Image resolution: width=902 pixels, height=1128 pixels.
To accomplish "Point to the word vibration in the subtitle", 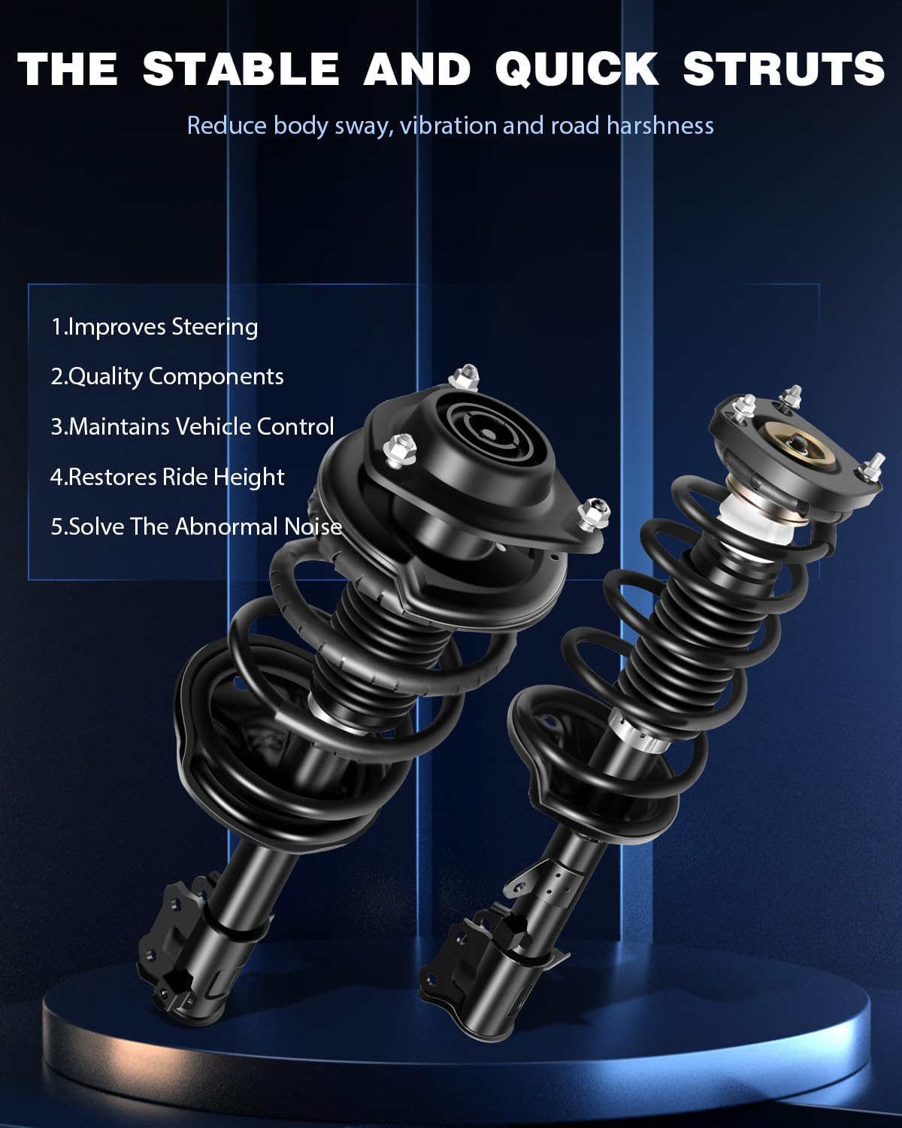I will [x=449, y=125].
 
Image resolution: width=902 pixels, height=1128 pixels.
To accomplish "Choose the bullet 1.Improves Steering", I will [x=154, y=327].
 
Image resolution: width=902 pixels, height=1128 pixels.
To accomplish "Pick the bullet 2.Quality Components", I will [x=167, y=377].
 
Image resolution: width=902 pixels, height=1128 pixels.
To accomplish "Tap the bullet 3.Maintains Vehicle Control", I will [x=192, y=427].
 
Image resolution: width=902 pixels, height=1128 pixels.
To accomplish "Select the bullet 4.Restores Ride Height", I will [x=167, y=477].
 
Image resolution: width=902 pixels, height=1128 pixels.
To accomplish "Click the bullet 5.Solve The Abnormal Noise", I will [x=196, y=526].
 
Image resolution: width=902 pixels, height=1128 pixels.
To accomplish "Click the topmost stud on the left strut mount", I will [x=468, y=376].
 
